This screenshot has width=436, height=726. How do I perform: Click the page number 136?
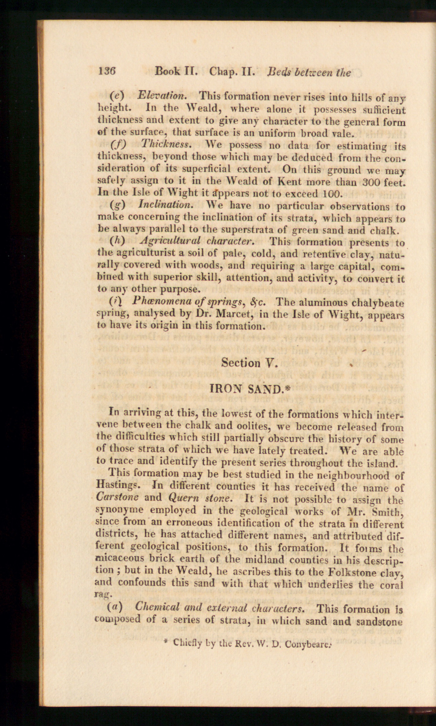(x=107, y=72)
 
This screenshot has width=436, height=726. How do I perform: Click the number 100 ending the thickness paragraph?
(x=331, y=193)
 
